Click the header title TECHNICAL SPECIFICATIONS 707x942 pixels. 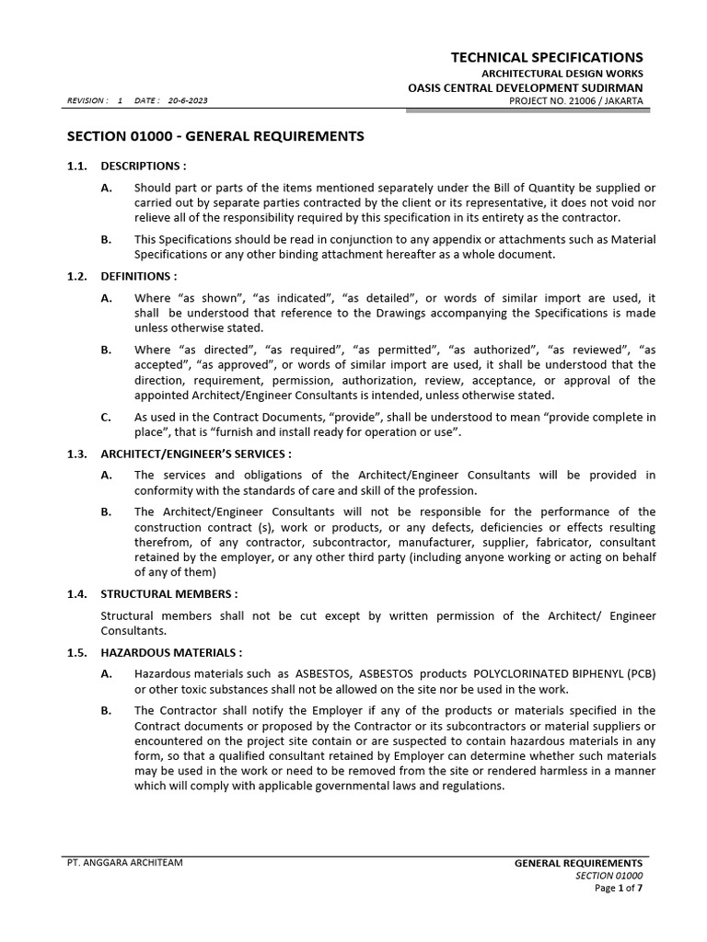coord(547,57)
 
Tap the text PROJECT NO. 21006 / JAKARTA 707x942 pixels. coord(575,100)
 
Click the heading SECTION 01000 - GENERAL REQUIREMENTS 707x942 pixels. coord(215,136)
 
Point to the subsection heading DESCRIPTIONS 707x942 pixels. coord(143,167)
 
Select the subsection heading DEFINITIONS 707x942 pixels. coord(138,276)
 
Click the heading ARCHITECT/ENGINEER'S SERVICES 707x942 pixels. coord(195,454)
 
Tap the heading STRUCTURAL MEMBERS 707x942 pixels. coord(169,593)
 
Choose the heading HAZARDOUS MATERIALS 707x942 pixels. coord(171,652)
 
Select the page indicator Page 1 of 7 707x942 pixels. coord(619,889)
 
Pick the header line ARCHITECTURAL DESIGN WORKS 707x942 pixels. coord(562,73)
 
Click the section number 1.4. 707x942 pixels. coord(76,593)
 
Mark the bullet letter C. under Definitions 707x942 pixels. coord(106,417)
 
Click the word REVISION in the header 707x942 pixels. coord(85,100)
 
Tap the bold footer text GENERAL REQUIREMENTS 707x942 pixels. coord(578,863)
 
